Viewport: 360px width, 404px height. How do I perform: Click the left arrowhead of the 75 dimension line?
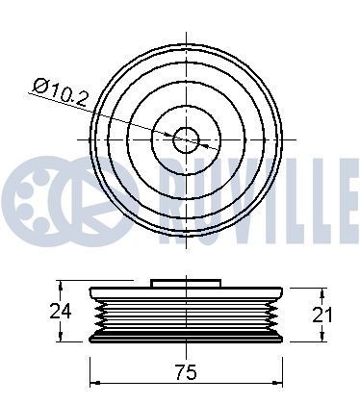[x=93, y=370]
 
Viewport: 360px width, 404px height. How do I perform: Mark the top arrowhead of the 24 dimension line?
[x=63, y=285]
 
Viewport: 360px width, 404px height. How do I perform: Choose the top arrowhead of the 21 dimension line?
[x=321, y=291]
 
